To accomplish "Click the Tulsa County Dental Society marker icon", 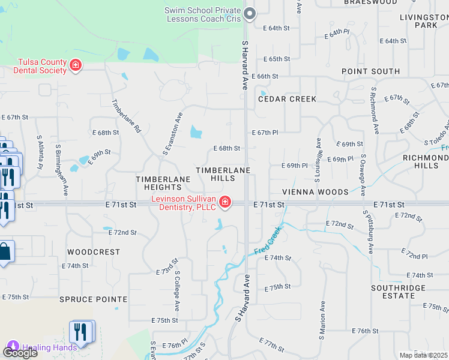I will coord(76,65).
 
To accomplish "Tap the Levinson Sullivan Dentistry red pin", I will coord(225,202).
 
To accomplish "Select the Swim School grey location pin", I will coord(250,13).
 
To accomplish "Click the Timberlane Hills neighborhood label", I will coord(223,175).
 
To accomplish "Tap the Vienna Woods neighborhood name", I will coord(316,192).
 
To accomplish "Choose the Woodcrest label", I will coord(94,252).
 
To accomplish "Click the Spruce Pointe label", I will coord(93,299).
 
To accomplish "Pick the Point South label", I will coord(370,71).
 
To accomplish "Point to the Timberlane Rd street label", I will coord(126,116).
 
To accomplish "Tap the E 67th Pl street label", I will coord(265,133).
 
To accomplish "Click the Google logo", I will coord(20,352).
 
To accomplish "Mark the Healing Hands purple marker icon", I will coord(12,347).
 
